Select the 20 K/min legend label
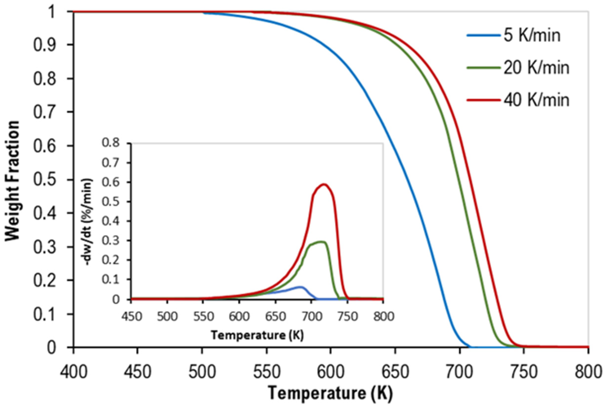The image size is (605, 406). pos(536,68)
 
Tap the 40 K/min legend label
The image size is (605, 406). pos(536,100)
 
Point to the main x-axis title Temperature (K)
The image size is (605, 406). pos(330,393)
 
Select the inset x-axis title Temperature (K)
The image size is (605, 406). pos(257,335)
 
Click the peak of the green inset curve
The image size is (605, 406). pos(321,242)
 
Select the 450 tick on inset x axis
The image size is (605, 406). pos(132,316)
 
